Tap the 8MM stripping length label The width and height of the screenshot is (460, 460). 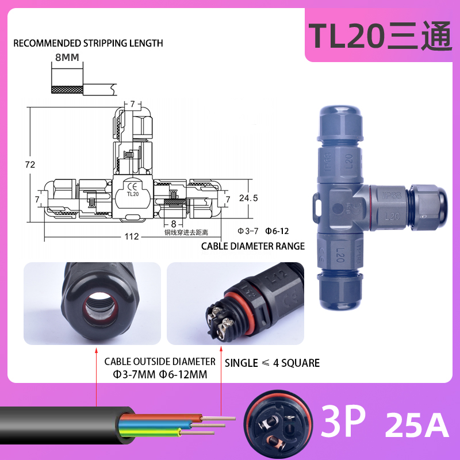click(67, 57)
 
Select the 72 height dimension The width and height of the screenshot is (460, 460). click(30, 164)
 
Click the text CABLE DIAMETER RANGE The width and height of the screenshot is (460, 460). click(252, 246)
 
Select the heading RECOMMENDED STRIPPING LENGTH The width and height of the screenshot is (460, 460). click(88, 43)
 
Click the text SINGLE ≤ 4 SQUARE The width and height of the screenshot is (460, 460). click(272, 363)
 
